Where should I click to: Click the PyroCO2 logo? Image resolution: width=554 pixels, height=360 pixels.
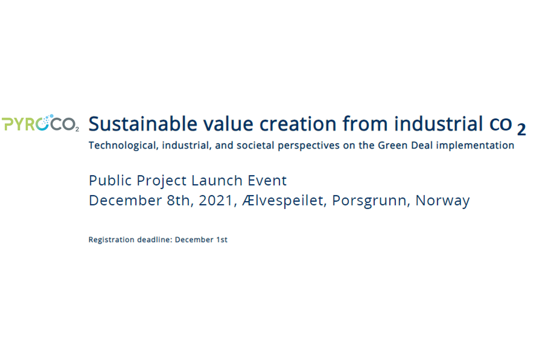point(40,123)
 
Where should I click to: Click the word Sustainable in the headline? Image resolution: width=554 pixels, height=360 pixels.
point(143,124)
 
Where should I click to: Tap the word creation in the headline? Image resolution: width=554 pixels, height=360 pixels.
point(298,124)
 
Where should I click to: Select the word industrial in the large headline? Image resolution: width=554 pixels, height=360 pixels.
point(438,124)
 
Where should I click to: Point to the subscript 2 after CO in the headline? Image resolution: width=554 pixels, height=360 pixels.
point(521,130)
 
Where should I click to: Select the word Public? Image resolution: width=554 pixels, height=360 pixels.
point(110,180)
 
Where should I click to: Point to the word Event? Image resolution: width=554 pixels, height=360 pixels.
point(267,180)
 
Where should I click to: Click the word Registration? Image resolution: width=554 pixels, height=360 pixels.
point(111,240)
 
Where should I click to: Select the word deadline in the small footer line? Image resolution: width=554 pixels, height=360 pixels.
point(155,239)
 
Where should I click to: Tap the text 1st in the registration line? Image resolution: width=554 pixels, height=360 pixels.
point(222,240)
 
